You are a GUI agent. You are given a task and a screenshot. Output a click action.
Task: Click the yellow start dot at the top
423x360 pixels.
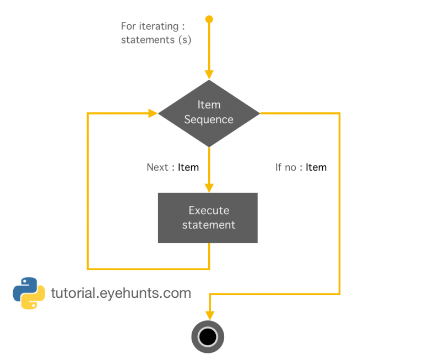(209, 19)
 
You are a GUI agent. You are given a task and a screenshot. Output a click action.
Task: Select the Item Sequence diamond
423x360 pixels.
(209, 113)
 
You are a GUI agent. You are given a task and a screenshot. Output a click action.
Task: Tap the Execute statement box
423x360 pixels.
(208, 217)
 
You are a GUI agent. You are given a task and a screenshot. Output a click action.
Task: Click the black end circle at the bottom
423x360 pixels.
(208, 336)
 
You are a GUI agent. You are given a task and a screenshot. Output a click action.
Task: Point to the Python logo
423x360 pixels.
(29, 293)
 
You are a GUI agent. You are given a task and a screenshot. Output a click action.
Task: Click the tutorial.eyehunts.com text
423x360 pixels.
(121, 293)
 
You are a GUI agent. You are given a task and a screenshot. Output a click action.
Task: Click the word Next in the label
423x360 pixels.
(158, 167)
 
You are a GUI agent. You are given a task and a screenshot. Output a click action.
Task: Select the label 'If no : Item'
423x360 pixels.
(301, 167)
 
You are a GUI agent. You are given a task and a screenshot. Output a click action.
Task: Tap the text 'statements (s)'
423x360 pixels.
(156, 40)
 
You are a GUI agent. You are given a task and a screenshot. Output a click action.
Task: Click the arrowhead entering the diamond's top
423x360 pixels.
(209, 75)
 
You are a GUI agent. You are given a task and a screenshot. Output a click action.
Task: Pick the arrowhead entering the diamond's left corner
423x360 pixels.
(153, 113)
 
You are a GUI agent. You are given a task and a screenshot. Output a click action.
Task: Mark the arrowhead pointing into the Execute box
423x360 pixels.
(209, 188)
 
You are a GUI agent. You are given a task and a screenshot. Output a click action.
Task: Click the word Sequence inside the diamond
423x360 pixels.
(209, 120)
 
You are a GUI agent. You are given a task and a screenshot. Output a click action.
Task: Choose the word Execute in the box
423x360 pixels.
(209, 210)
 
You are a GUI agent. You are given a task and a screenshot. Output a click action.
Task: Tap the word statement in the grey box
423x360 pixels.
(209, 225)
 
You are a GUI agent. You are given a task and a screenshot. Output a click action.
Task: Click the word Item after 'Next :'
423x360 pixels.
(188, 167)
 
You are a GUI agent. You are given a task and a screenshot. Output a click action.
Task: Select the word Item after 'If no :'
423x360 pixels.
(316, 167)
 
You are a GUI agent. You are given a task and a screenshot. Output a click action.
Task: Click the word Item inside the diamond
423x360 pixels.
(209, 105)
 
